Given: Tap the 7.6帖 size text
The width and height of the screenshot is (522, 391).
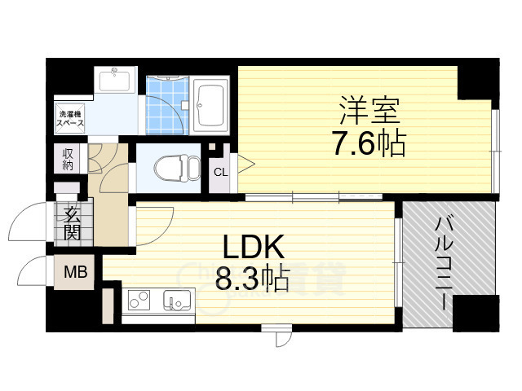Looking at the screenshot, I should click(369, 144).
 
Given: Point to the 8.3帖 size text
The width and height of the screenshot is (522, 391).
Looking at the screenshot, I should click(251, 281).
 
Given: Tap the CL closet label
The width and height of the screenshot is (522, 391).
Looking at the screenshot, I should click(220, 172).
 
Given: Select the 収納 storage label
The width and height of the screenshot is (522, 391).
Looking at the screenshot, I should click(68, 159).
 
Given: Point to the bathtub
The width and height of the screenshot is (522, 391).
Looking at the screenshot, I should click(213, 104).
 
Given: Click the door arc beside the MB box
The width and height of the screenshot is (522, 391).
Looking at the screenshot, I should click(33, 270).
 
